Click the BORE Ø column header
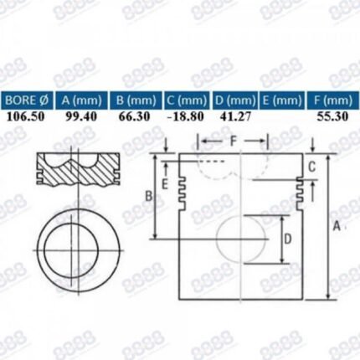coord(27,100)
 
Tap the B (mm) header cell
coord(136,100)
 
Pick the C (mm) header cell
coord(187,100)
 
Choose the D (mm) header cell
coord(234,100)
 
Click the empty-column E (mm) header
coord(282,100)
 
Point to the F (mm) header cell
coord(333,100)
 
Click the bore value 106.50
coord(25,116)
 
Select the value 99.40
coord(81,116)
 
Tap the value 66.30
coord(134,116)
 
